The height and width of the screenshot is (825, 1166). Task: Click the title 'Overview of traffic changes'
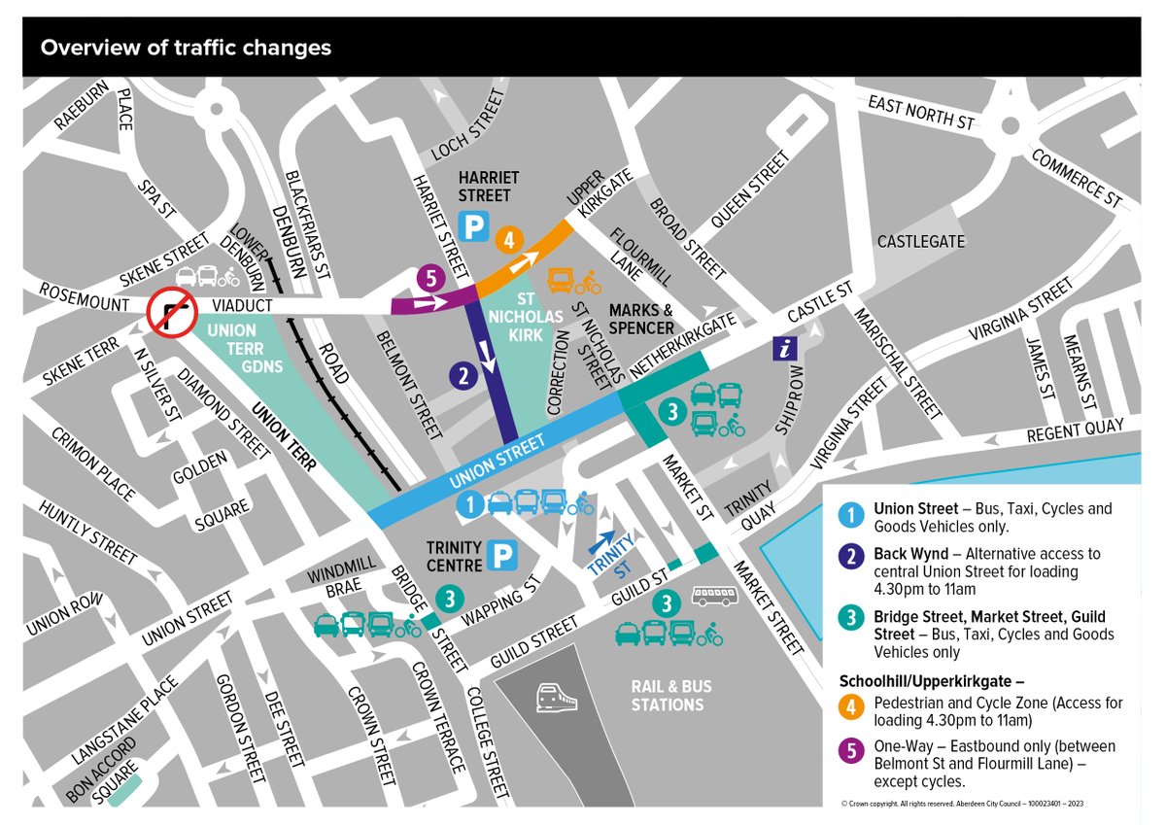tap(185, 48)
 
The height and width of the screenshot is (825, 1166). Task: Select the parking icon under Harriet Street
tap(473, 227)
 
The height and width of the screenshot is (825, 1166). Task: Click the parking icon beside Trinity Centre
tap(502, 556)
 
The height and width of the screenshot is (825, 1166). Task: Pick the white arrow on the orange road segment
tap(526, 261)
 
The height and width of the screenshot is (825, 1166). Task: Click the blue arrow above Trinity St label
tap(600, 540)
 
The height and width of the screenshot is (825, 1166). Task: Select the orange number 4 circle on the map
tap(508, 240)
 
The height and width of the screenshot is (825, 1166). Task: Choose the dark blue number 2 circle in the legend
tap(852, 555)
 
